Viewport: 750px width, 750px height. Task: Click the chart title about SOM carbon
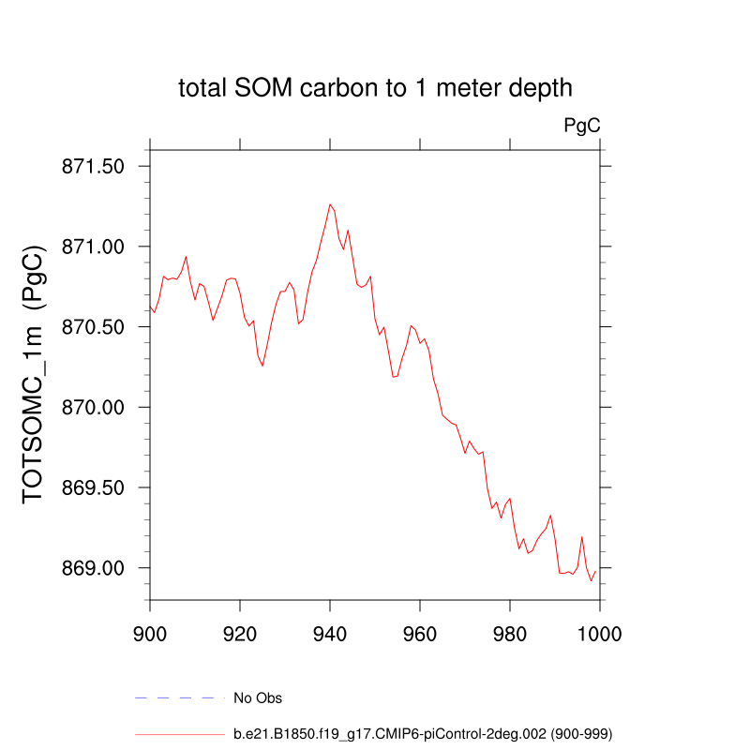(375, 89)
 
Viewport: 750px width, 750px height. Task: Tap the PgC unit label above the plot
(581, 125)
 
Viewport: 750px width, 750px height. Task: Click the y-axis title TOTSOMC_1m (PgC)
(34, 375)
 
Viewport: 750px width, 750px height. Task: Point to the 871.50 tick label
(94, 167)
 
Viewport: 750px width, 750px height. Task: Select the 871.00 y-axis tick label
(94, 247)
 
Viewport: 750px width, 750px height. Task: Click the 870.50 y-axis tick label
(94, 327)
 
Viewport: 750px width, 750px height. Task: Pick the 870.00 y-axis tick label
(94, 408)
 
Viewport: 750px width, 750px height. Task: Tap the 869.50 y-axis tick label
(94, 488)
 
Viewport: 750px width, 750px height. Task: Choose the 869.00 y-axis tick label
(94, 569)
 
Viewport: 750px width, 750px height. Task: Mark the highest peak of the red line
(330, 203)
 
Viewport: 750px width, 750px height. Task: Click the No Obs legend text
(258, 698)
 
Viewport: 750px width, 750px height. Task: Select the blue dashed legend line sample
(180, 698)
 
